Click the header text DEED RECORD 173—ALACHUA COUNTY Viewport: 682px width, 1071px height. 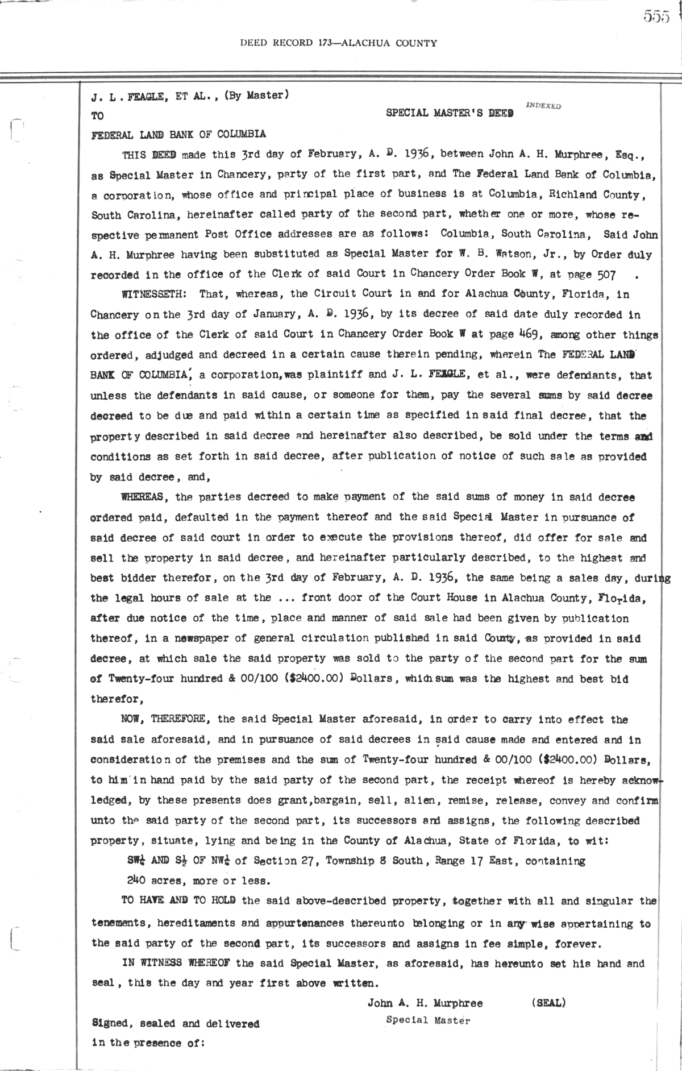[x=339, y=43]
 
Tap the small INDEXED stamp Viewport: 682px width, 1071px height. [x=544, y=106]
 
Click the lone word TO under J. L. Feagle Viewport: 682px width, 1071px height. [x=98, y=116]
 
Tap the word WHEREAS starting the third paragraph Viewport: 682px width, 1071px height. [x=143, y=497]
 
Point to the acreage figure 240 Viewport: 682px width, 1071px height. [x=136, y=881]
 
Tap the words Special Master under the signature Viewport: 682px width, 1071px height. [x=428, y=1020]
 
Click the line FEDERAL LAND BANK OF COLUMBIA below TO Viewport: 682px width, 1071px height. [x=178, y=135]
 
